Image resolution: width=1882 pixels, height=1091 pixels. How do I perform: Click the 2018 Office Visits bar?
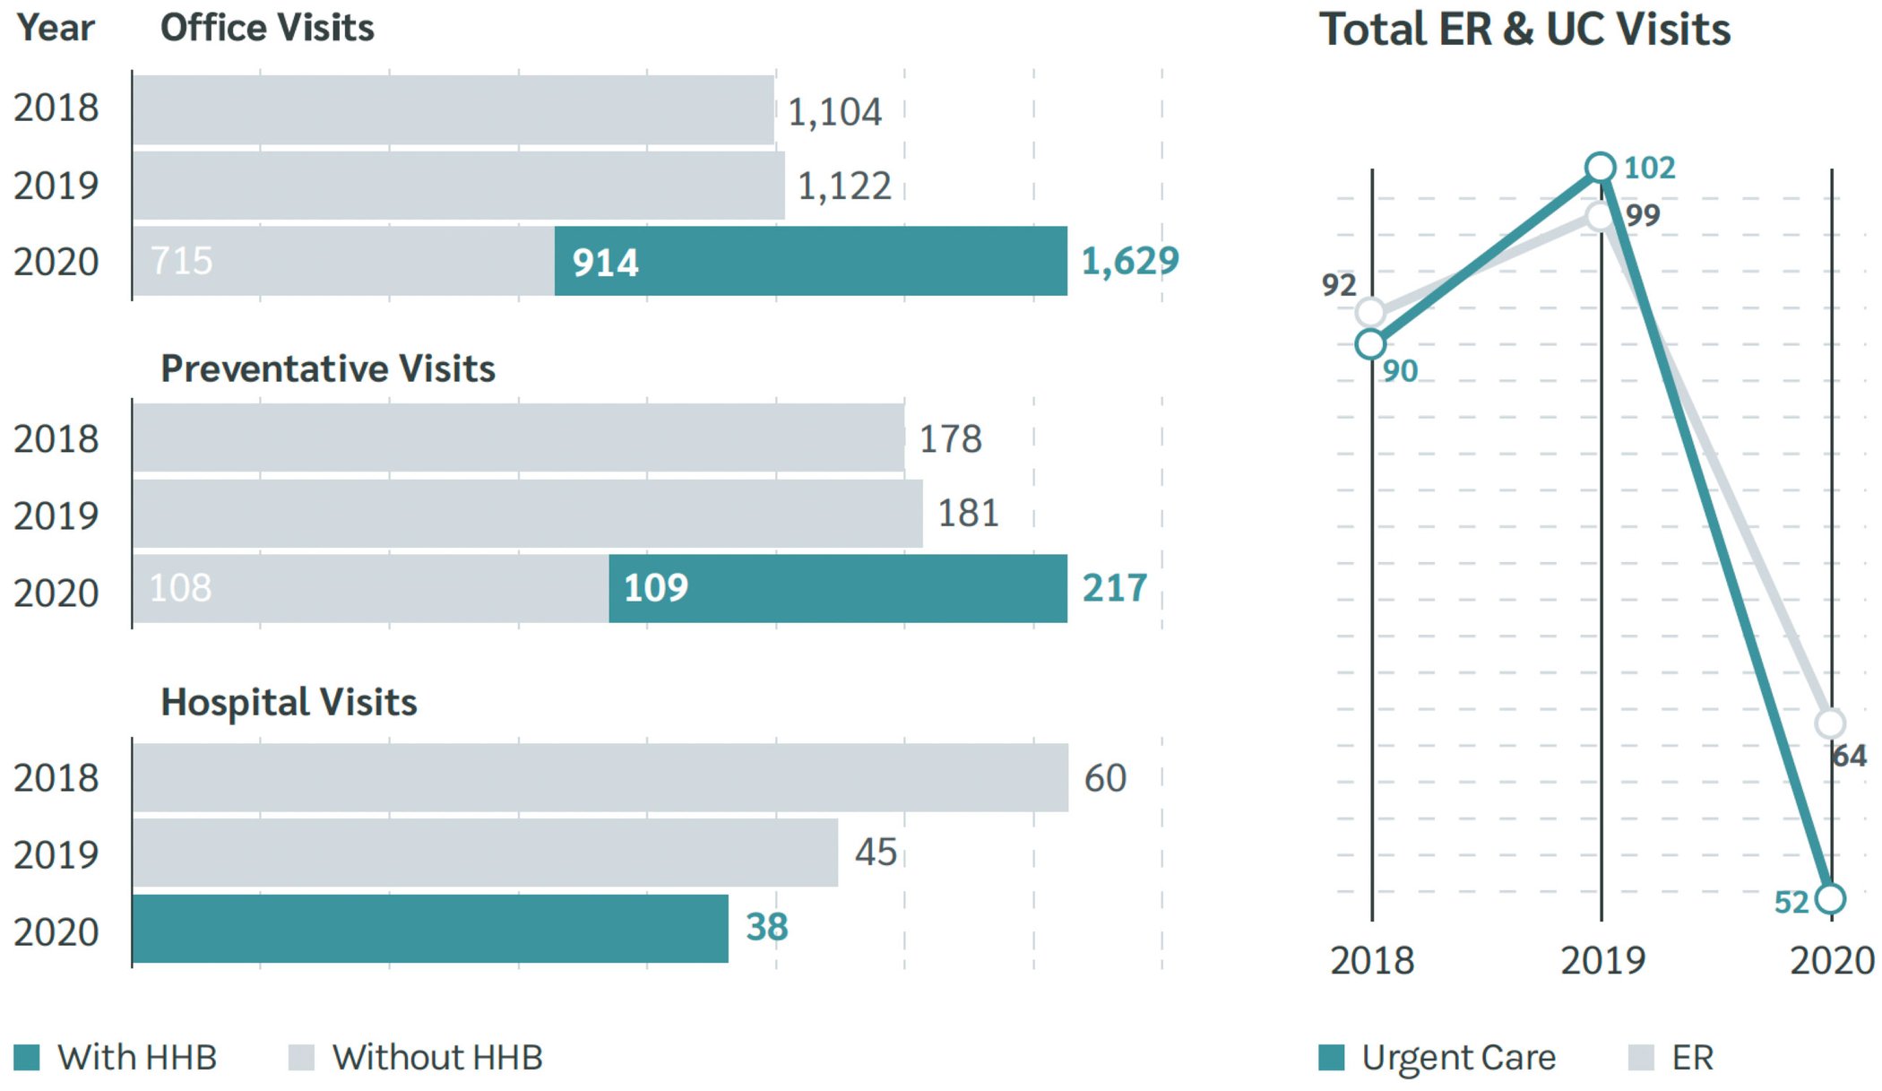453,109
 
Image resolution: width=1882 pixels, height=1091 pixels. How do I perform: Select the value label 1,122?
844,186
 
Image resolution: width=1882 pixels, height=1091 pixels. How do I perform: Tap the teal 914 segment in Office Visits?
810,261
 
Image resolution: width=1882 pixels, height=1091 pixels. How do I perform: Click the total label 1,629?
1129,261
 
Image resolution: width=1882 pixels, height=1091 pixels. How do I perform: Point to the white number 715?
182,261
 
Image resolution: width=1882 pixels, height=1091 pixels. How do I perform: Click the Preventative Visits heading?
327,368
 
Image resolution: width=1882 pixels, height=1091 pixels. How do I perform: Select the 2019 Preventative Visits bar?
527,514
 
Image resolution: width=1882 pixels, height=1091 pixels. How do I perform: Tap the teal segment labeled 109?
837,588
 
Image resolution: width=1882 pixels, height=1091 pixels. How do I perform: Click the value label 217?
1114,588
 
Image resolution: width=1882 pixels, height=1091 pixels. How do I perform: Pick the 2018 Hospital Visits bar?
600,777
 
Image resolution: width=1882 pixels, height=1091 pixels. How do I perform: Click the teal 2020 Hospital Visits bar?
430,929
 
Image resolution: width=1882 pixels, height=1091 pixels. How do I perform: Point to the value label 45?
875,852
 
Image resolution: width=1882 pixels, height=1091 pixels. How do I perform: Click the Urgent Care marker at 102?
1600,168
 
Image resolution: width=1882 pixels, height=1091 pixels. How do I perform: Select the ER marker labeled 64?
1830,723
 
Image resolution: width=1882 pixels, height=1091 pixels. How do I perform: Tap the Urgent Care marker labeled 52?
1830,898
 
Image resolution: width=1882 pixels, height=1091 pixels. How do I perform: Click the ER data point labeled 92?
1370,312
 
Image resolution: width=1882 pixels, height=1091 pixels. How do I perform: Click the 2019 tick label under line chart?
1602,961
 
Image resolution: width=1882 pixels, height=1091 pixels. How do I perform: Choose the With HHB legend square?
27,1057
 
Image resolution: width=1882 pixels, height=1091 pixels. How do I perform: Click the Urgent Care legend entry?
1438,1057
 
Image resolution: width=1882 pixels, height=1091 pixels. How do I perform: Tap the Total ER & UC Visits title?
1524,29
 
